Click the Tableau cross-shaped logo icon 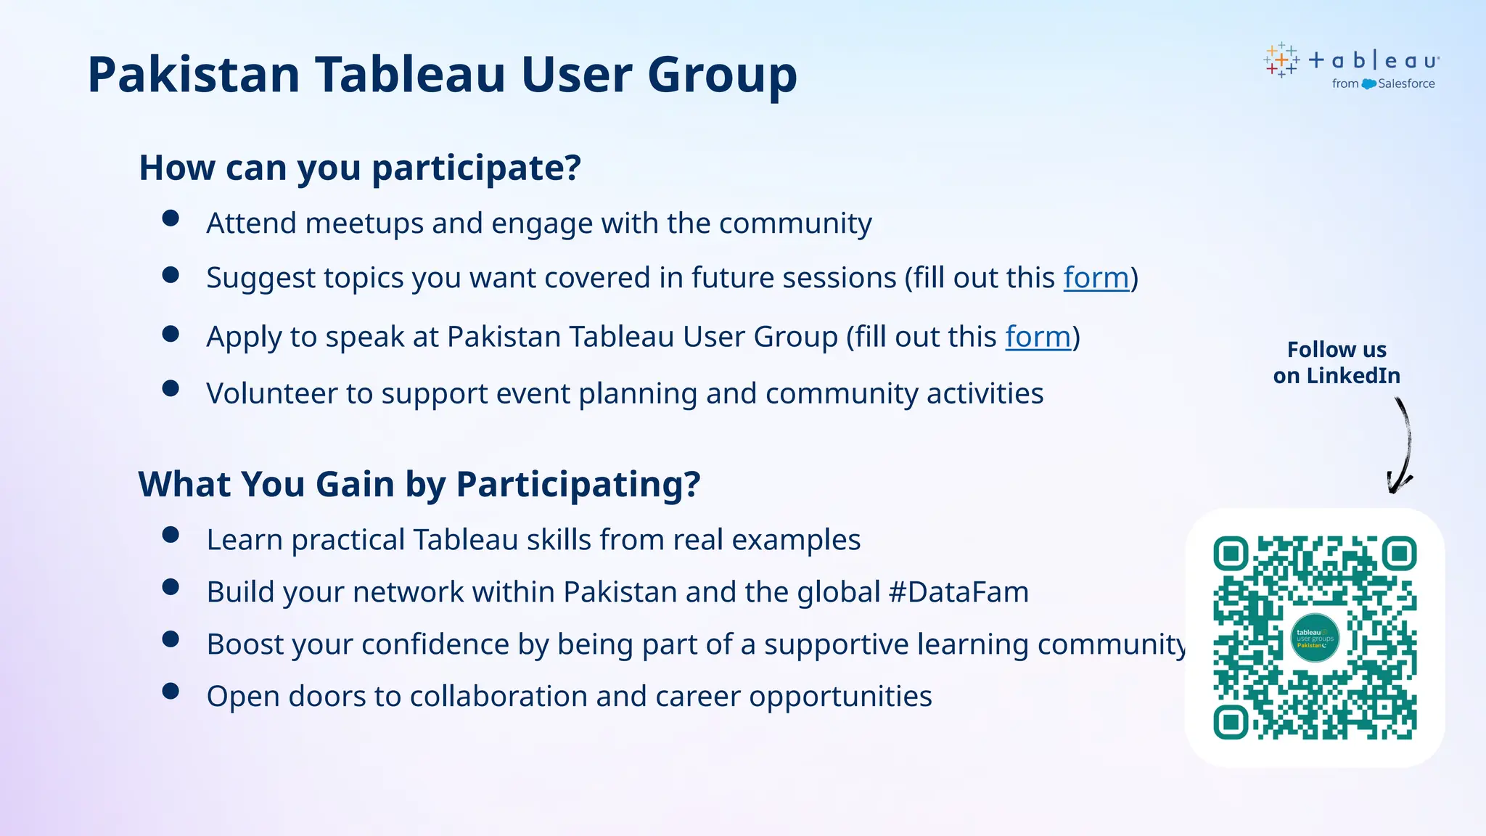pyautogui.click(x=1281, y=60)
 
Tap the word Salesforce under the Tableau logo pyautogui.click(x=1406, y=84)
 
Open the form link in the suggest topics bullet pyautogui.click(x=1096, y=279)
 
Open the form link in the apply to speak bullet pyautogui.click(x=1038, y=337)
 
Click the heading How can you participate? pyautogui.click(x=360, y=168)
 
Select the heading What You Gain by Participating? pyautogui.click(x=419, y=485)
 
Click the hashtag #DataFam pyautogui.click(x=958, y=592)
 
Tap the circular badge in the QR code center pyautogui.click(x=1315, y=638)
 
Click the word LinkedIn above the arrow pyautogui.click(x=1353, y=376)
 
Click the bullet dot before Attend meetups pyautogui.click(x=171, y=218)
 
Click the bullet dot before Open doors pyautogui.click(x=171, y=691)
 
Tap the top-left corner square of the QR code pyautogui.click(x=1231, y=554)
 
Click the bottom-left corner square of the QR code pyautogui.click(x=1231, y=722)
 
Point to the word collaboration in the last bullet pyautogui.click(x=498, y=697)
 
